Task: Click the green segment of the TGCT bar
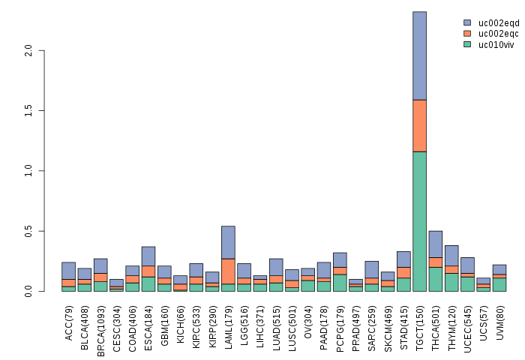[x=419, y=221]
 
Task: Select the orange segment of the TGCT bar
[x=419, y=125]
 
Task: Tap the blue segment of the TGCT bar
[x=419, y=55]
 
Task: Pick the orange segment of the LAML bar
[x=228, y=271]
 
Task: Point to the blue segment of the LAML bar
[x=228, y=242]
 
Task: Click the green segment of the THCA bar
[x=436, y=279]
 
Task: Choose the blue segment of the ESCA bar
[x=148, y=256]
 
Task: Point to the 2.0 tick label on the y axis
[x=28, y=50]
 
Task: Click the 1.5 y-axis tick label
[x=28, y=111]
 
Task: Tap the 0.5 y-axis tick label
[x=28, y=232]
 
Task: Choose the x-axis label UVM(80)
[x=499, y=321]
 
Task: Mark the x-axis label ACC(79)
[x=69, y=321]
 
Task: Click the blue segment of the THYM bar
[x=451, y=255]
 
